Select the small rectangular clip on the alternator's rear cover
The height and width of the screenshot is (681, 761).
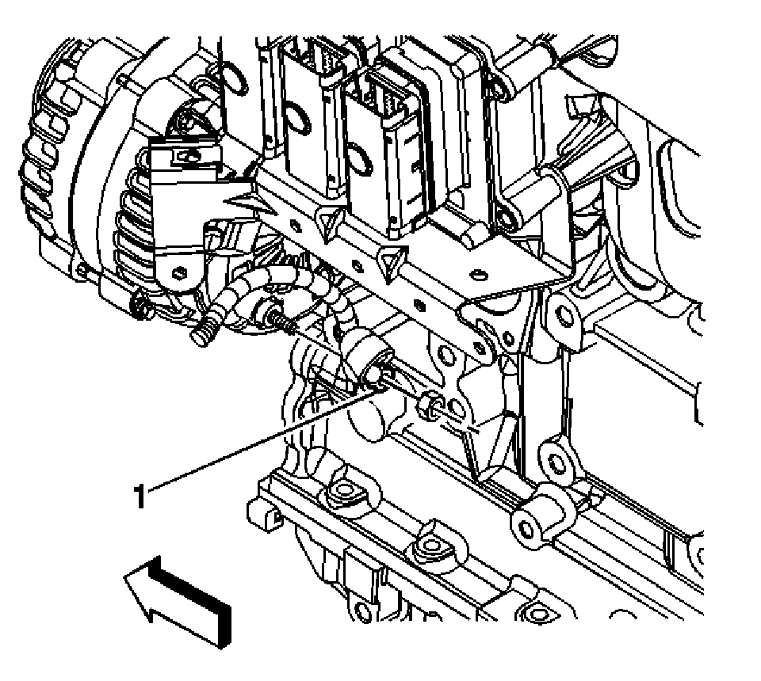tap(188, 156)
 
